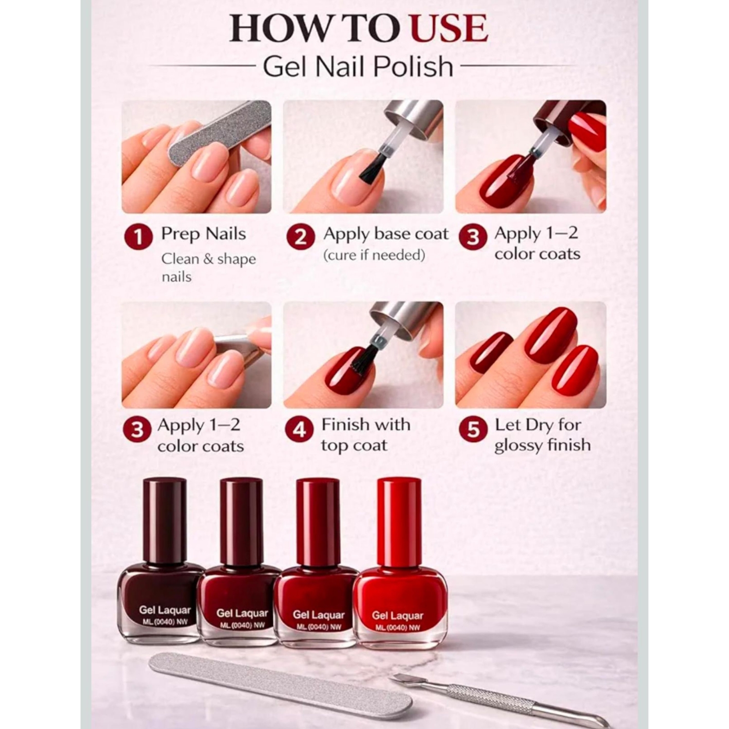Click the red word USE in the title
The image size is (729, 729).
(449, 28)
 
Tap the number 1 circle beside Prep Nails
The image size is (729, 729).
(139, 237)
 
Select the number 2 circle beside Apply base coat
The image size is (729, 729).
(301, 237)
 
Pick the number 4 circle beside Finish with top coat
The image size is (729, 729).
(299, 429)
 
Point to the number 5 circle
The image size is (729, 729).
(473, 429)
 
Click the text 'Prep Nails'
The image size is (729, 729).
(203, 234)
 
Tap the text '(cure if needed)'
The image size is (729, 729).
(374, 255)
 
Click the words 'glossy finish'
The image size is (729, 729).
(542, 445)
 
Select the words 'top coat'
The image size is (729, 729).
(354, 445)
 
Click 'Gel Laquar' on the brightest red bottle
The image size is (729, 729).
(397, 616)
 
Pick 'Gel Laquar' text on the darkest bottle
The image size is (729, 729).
(164, 610)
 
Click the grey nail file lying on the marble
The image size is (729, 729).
(280, 682)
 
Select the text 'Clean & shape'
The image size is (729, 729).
(209, 259)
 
